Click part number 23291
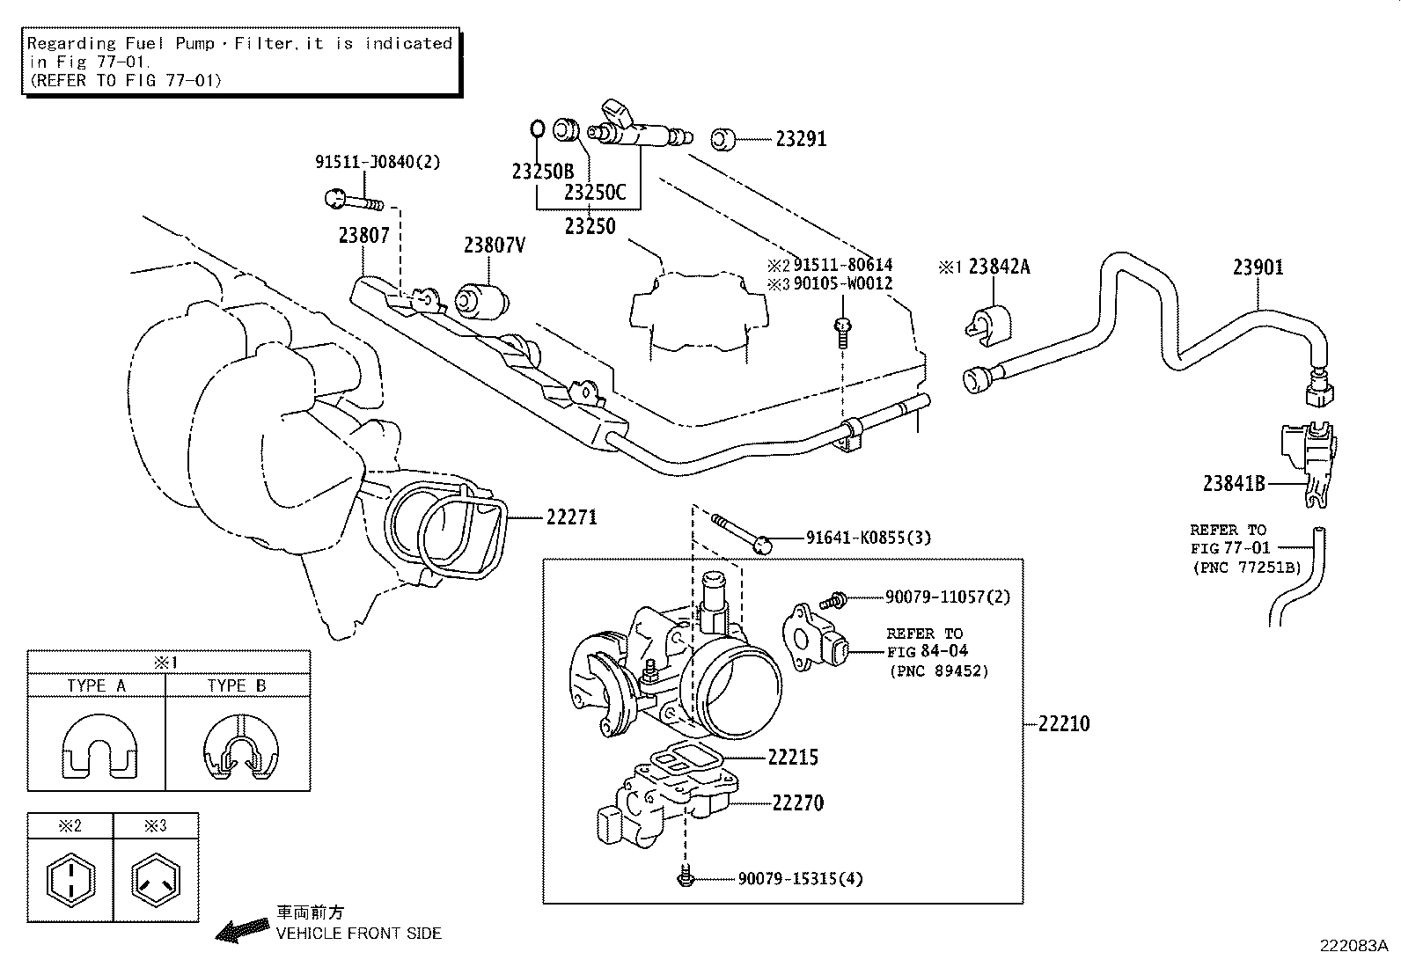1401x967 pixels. [x=800, y=139]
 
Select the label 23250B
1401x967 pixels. [x=542, y=172]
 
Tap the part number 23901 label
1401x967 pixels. [x=1258, y=267]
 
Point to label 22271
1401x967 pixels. [x=571, y=517]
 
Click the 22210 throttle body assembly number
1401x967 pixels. [x=1063, y=724]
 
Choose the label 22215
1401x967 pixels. [x=793, y=757]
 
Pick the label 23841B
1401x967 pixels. [x=1234, y=483]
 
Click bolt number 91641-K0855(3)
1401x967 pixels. [x=868, y=538]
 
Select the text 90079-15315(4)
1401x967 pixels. [x=800, y=878]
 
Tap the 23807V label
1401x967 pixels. [x=495, y=245]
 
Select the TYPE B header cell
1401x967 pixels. [x=237, y=685]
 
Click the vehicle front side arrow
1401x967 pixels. [x=242, y=929]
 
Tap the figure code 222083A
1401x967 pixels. [x=1353, y=946]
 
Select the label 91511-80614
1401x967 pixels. [x=842, y=265]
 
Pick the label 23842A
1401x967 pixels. [x=999, y=267]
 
